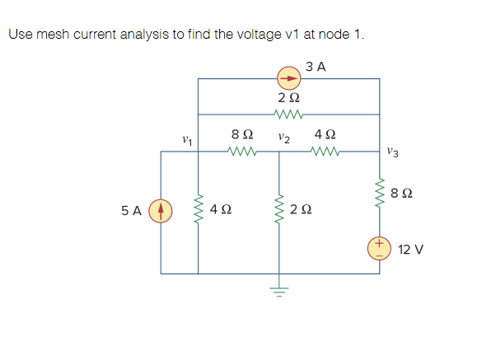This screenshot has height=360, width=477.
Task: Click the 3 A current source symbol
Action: click(x=288, y=79)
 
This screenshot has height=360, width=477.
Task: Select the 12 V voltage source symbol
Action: click(x=379, y=248)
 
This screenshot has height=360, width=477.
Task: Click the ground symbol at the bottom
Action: click(x=278, y=290)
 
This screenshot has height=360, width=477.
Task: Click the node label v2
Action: click(x=283, y=137)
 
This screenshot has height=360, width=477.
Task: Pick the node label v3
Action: click(x=393, y=150)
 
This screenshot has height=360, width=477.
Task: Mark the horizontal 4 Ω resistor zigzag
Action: click(x=324, y=151)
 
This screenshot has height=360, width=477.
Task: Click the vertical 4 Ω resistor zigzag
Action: click(x=198, y=210)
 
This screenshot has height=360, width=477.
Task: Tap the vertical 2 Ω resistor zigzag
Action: click(x=278, y=210)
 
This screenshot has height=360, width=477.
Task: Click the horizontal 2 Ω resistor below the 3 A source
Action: click(x=288, y=115)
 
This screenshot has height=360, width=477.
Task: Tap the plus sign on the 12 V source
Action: click(x=379, y=244)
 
